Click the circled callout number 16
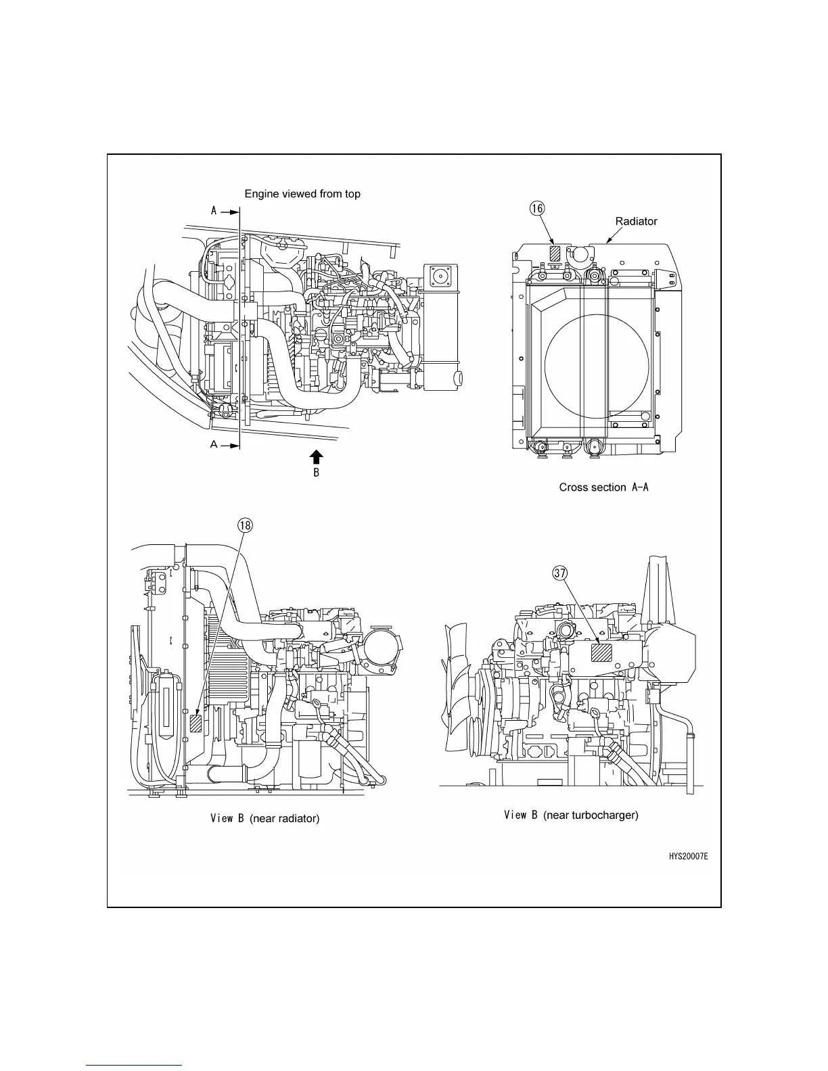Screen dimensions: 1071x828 (536, 209)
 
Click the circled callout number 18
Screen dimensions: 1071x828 (244, 525)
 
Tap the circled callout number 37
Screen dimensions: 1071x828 (559, 573)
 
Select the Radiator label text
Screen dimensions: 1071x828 (636, 221)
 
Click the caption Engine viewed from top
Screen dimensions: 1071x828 (302, 194)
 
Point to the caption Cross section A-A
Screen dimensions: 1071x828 (603, 487)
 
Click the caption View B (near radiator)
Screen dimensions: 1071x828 (264, 818)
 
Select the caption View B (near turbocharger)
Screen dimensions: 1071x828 (571, 815)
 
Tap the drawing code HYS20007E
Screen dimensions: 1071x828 (689, 857)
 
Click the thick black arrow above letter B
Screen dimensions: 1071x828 (316, 456)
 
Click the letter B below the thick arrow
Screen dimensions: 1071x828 (316, 473)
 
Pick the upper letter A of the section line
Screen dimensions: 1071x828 (214, 211)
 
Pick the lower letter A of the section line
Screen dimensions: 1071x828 (214, 445)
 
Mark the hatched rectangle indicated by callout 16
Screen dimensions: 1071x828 (555, 253)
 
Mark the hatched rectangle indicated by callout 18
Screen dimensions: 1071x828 (196, 724)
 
